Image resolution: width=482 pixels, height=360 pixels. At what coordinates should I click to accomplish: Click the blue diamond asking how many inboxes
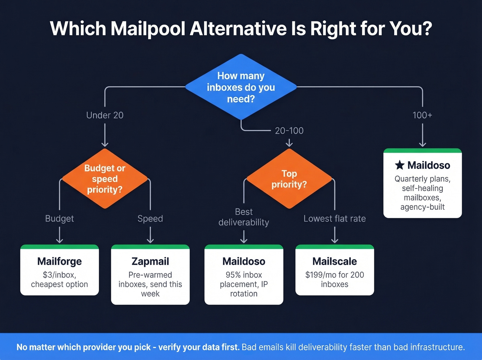pyautogui.click(x=241, y=87)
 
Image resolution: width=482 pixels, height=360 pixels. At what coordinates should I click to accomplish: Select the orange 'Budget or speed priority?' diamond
pyautogui.click(x=105, y=179)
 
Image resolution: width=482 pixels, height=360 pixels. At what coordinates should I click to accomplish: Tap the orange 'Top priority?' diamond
pyautogui.click(x=289, y=179)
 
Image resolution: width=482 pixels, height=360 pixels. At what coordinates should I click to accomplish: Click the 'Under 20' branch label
pyautogui.click(x=105, y=115)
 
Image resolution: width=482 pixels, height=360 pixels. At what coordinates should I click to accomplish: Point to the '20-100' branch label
pyautogui.click(x=289, y=131)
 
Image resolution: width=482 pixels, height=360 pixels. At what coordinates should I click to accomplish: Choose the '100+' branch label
pyautogui.click(x=422, y=115)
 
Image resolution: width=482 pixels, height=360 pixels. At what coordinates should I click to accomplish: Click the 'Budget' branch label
pyautogui.click(x=59, y=218)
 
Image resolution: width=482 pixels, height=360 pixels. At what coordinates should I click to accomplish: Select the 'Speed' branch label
pyautogui.click(x=150, y=218)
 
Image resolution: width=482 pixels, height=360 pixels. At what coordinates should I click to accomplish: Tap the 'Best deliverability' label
pyautogui.click(x=244, y=217)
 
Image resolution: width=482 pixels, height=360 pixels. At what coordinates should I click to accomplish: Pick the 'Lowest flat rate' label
pyautogui.click(x=334, y=218)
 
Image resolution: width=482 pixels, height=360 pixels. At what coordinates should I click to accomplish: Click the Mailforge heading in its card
pyautogui.click(x=59, y=261)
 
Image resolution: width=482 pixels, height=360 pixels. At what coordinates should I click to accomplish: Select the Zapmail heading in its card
pyautogui.click(x=150, y=261)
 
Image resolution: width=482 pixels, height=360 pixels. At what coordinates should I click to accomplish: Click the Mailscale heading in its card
pyautogui.click(x=334, y=261)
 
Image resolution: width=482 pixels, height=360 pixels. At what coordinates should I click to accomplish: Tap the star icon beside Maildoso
pyautogui.click(x=399, y=165)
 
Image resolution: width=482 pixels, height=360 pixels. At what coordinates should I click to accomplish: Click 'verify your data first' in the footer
pyautogui.click(x=199, y=347)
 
